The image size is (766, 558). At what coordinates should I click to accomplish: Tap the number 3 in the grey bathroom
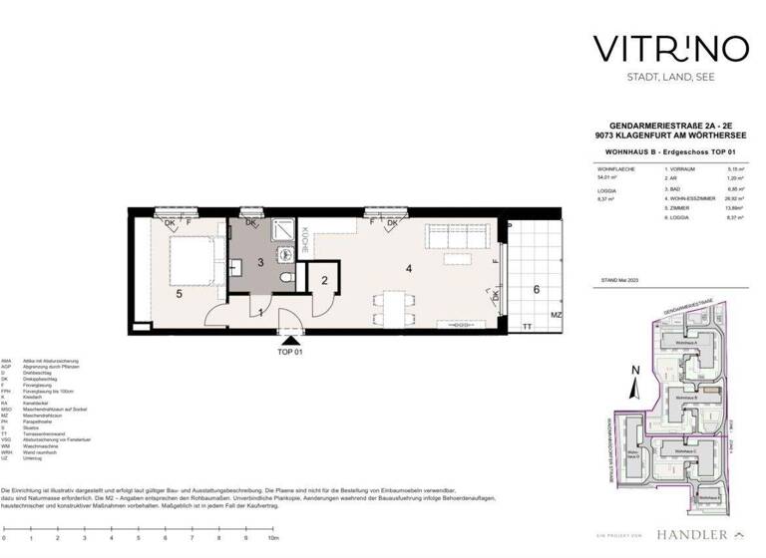click(x=259, y=263)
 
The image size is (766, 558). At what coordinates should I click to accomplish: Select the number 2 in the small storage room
click(x=325, y=281)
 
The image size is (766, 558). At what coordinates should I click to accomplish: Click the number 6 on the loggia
click(x=536, y=289)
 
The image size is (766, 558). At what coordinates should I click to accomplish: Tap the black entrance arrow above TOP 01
click(x=289, y=341)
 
